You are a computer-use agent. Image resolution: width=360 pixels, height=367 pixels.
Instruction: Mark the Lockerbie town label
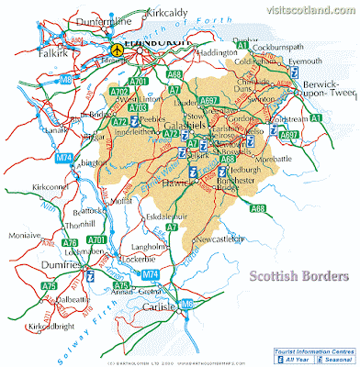[x=128, y=260]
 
